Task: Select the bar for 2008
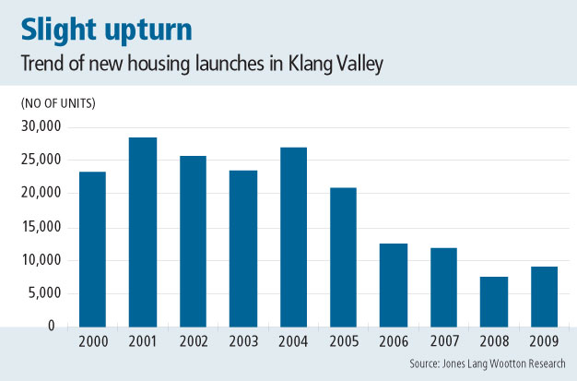point(494,302)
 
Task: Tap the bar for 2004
point(293,237)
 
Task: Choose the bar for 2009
point(544,297)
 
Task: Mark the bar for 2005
point(343,257)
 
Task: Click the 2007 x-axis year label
point(443,342)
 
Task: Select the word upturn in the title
point(147,30)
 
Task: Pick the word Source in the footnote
point(426,364)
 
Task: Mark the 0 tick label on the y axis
point(53,327)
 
